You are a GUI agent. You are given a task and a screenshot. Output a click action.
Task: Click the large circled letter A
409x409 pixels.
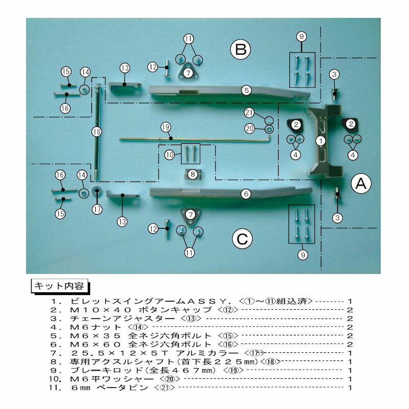(x=361, y=184)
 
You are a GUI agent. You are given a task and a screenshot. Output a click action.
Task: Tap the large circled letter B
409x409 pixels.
(x=240, y=49)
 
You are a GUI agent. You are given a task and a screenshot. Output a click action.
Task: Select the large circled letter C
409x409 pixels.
(x=242, y=239)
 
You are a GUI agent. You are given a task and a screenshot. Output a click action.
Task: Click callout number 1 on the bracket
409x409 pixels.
(x=321, y=141)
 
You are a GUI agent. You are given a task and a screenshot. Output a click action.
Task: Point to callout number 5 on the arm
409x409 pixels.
(x=246, y=90)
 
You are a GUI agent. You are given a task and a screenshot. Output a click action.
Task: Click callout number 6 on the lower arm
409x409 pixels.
(x=246, y=194)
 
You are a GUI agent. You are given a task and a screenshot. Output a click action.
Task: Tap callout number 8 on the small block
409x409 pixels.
(x=193, y=174)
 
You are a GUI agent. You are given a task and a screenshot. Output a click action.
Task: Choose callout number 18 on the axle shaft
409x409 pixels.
(x=97, y=132)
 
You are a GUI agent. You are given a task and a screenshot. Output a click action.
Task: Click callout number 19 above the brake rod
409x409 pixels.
(x=166, y=127)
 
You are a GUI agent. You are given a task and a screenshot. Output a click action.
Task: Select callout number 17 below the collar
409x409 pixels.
(x=97, y=209)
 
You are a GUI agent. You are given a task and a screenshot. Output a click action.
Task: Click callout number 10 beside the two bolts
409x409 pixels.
(x=170, y=155)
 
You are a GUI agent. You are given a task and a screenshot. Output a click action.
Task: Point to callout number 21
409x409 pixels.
(x=249, y=112)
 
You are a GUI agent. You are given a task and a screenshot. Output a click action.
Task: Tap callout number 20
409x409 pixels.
(x=249, y=128)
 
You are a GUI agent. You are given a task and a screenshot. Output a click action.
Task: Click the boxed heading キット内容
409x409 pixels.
(x=59, y=286)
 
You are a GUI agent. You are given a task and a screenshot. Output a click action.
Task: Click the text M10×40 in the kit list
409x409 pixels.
(x=101, y=310)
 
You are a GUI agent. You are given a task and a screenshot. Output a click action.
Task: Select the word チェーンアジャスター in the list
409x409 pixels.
(x=122, y=319)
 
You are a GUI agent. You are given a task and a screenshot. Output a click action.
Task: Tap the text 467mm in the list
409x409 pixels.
(x=195, y=370)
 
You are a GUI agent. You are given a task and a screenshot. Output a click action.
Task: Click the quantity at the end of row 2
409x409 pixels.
(x=350, y=310)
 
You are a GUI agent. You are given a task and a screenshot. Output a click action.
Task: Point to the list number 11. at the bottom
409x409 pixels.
(x=56, y=388)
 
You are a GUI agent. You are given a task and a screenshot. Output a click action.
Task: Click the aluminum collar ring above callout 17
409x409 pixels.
(x=97, y=191)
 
